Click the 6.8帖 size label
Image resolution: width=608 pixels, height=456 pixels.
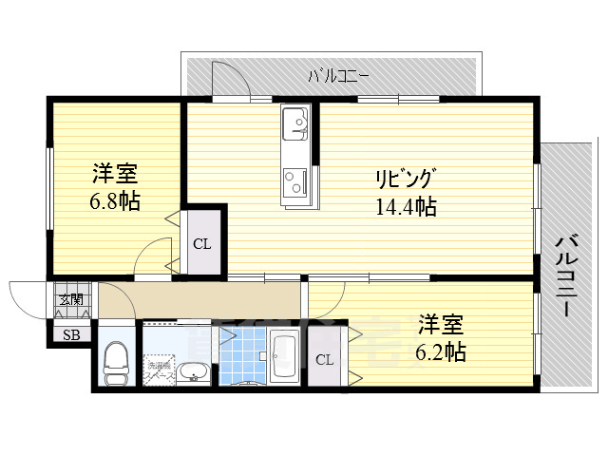[x=115, y=201]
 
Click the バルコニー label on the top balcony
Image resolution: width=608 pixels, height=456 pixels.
[x=337, y=75]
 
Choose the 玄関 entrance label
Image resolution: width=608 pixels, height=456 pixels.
[x=70, y=300]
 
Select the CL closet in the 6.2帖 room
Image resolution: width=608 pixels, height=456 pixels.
[x=325, y=359]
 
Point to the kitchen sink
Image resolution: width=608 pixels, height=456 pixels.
[x=296, y=123]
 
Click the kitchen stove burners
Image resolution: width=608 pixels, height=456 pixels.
[x=294, y=180]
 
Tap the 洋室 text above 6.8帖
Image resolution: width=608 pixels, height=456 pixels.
[x=115, y=174]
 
